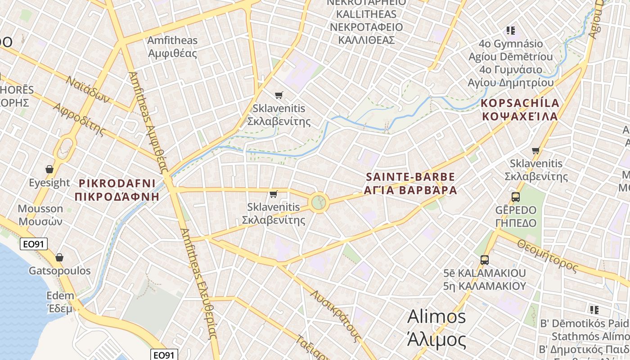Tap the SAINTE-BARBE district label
[x=411, y=183]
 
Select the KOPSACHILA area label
[x=520, y=109]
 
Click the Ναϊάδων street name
[x=88, y=89]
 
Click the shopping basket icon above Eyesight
[x=49, y=170]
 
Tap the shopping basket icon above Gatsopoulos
[x=59, y=258]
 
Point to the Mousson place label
[x=40, y=215]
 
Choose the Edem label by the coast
[x=60, y=302]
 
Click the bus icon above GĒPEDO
[x=516, y=197]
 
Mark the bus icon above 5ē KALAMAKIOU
[x=484, y=260]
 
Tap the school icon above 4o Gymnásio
[x=510, y=31]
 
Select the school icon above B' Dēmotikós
[x=594, y=310]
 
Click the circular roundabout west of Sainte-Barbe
[x=318, y=202]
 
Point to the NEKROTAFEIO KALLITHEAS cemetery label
[x=366, y=20]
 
